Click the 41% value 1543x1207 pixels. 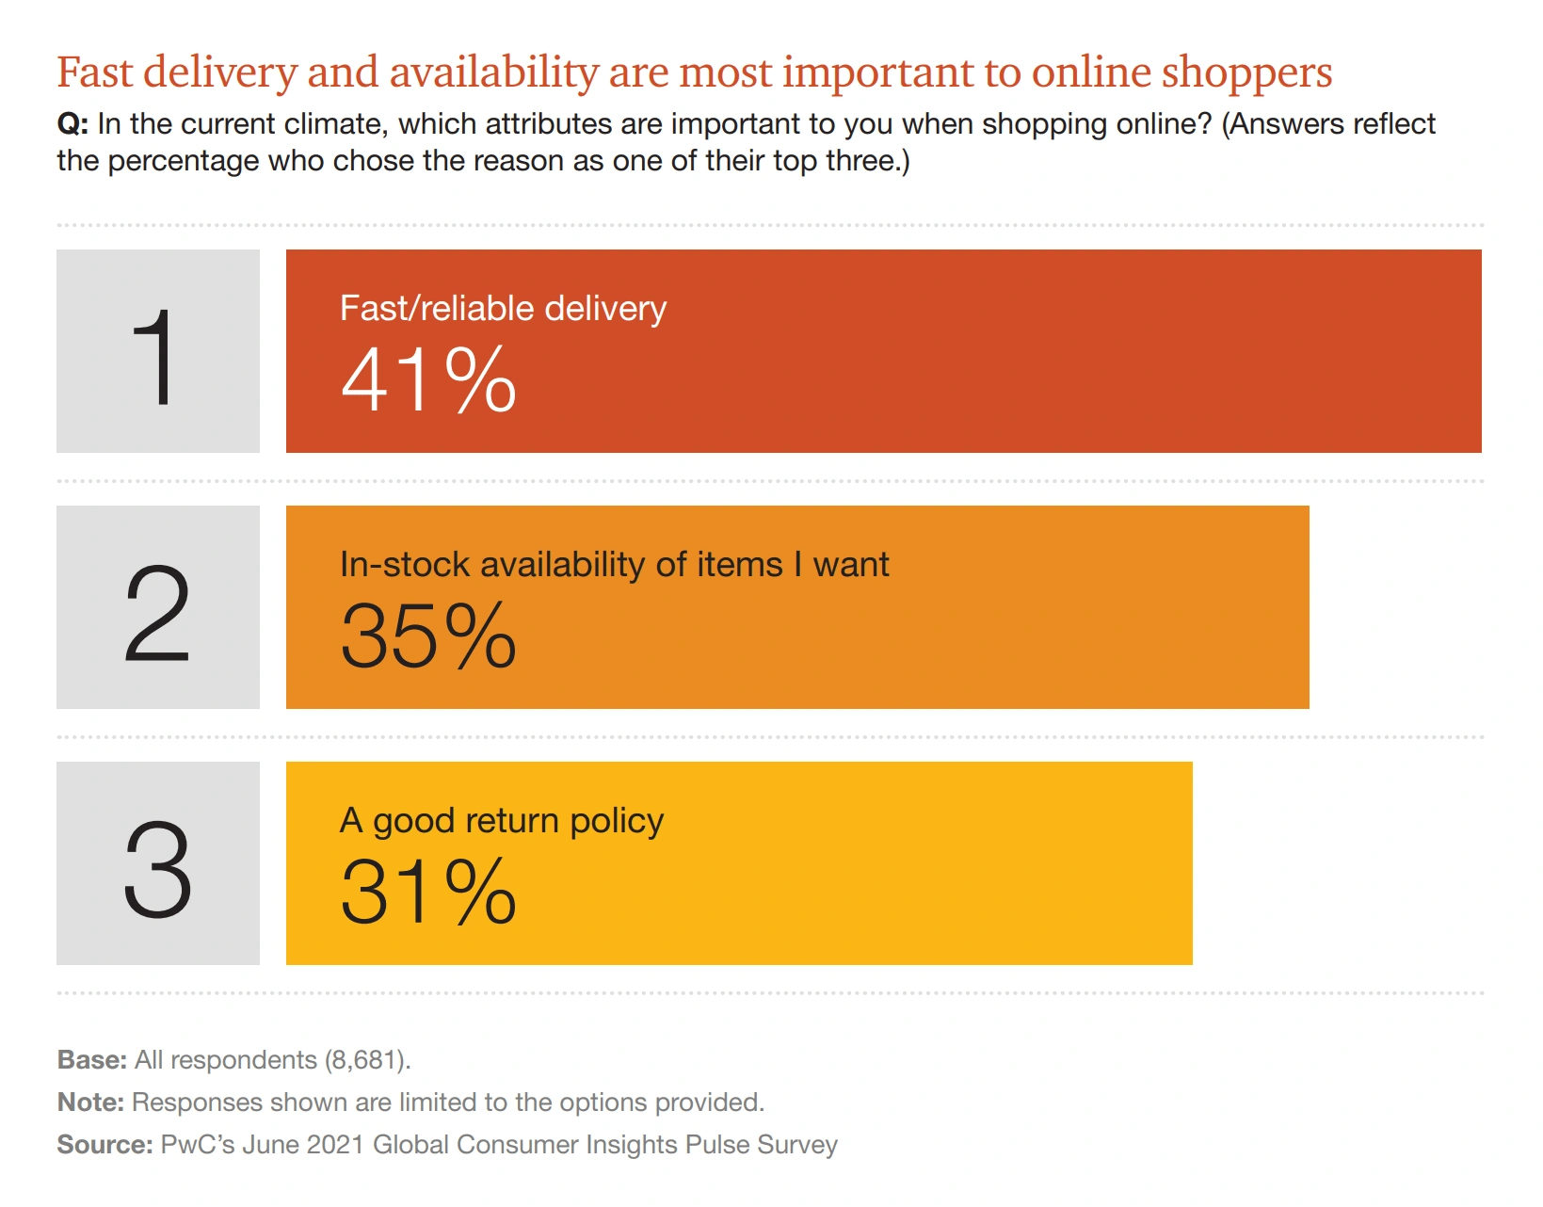(428, 380)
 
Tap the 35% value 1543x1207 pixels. (428, 636)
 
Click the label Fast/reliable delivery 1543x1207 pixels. (503, 309)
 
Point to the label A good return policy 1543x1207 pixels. (501, 821)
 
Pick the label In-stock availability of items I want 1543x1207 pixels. (614, 565)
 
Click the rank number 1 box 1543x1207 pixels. (157, 351)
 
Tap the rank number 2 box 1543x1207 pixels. (157, 607)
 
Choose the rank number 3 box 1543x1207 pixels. (157, 863)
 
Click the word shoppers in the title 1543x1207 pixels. (1246, 73)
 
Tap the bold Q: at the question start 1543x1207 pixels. (72, 124)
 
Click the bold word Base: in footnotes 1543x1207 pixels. (91, 1060)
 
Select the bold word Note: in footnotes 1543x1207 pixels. (90, 1102)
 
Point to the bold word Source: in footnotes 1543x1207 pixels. (104, 1145)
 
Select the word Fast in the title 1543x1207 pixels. (94, 73)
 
